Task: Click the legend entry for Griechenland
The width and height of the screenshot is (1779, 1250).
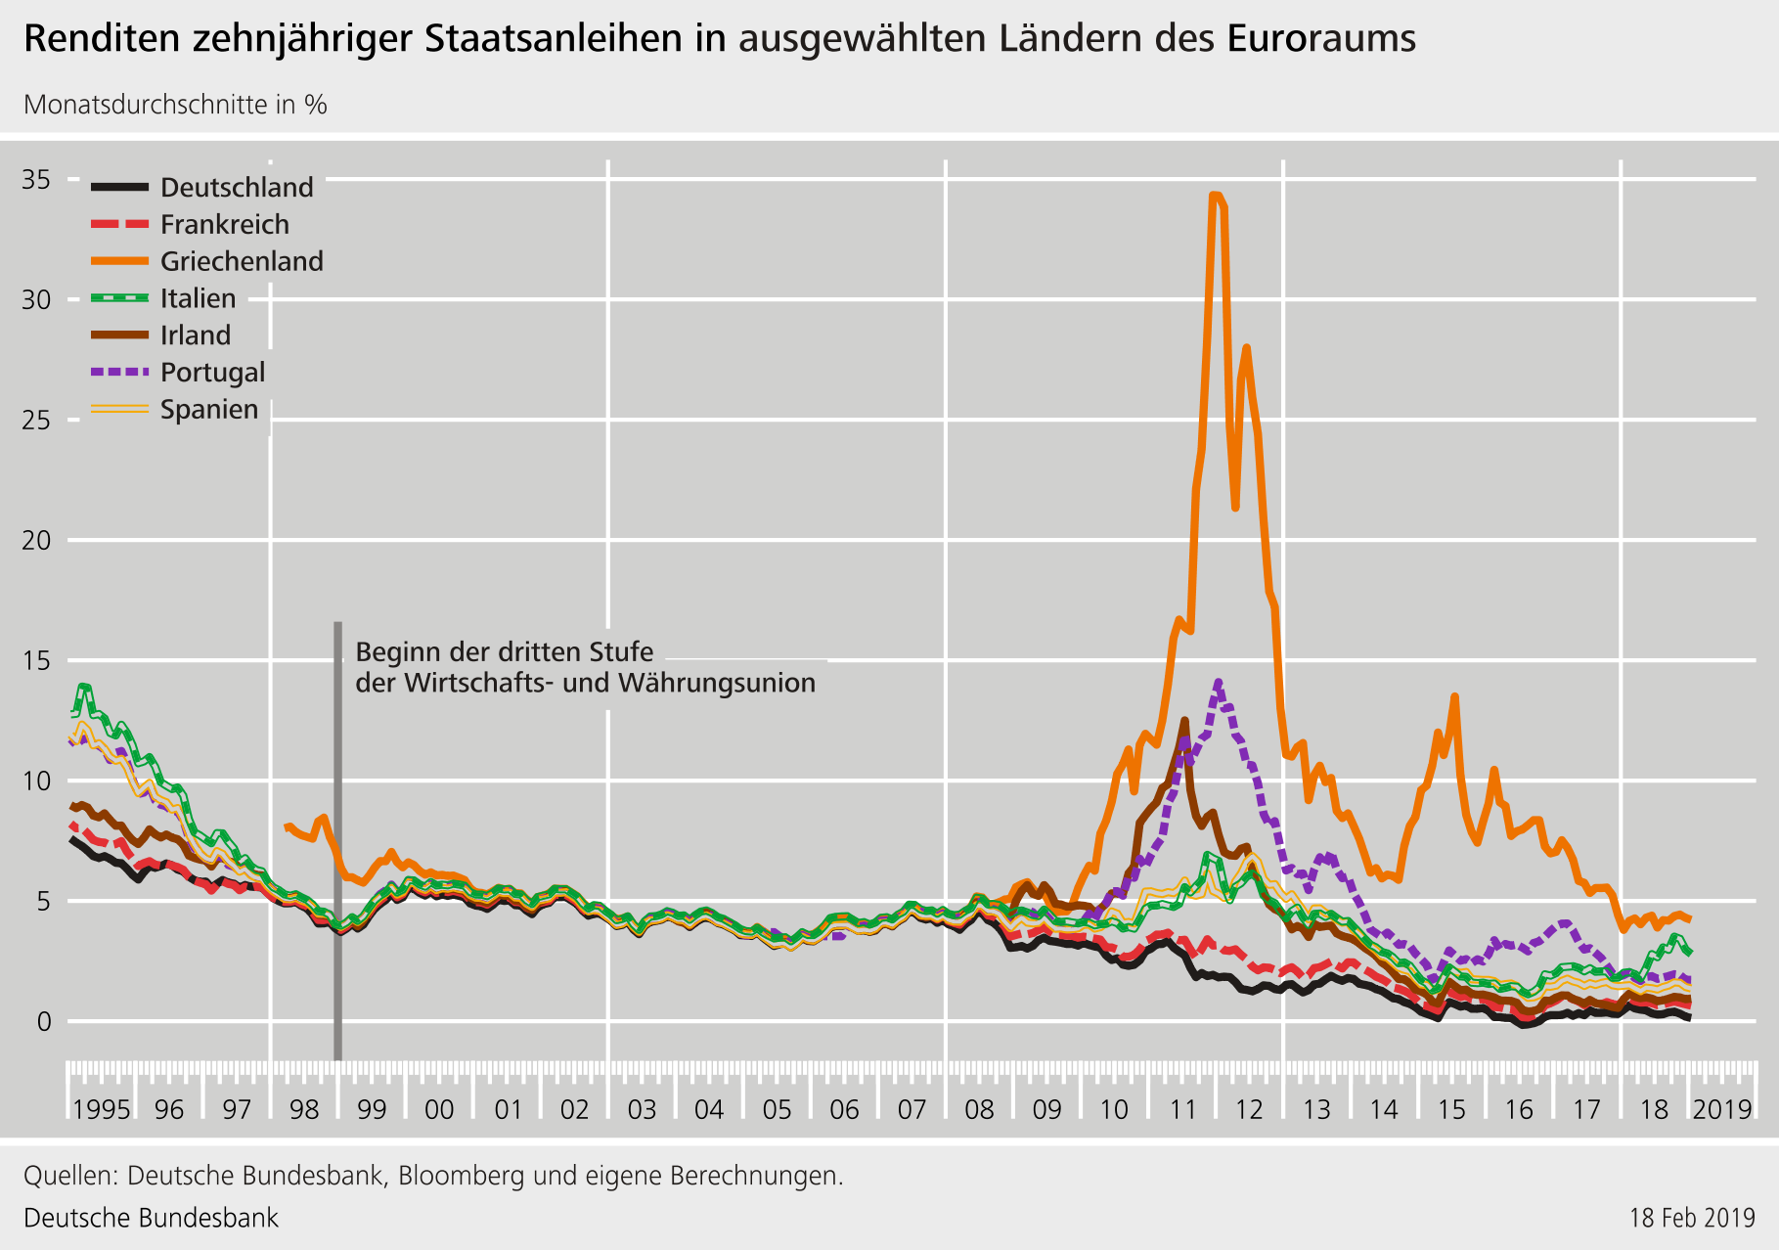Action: tap(242, 262)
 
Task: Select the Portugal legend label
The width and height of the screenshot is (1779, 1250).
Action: tap(212, 373)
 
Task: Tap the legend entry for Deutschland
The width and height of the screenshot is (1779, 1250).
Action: tap(237, 188)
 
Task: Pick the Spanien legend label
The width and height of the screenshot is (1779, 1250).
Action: tap(209, 410)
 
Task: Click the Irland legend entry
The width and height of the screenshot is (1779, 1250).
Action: tap(196, 335)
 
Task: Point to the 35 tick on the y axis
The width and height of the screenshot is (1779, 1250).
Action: tap(37, 180)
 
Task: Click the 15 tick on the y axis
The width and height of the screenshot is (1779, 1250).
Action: tap(37, 661)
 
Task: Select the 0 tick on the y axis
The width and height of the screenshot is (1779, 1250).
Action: tap(43, 1022)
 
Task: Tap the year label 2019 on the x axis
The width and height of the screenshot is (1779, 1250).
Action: tap(1722, 1109)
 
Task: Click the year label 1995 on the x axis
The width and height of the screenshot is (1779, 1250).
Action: tap(101, 1109)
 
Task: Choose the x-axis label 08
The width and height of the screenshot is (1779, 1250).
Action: tap(979, 1109)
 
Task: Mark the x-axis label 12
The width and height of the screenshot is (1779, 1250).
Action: tap(1249, 1109)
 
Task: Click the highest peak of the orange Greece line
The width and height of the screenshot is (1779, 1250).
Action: tap(1216, 196)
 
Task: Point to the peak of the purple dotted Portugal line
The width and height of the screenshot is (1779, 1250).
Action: tap(1218, 682)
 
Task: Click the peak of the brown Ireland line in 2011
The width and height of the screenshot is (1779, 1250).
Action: tap(1184, 721)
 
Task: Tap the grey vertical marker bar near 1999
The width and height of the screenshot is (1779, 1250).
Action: tap(337, 841)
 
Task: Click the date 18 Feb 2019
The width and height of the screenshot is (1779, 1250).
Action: tap(1692, 1218)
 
